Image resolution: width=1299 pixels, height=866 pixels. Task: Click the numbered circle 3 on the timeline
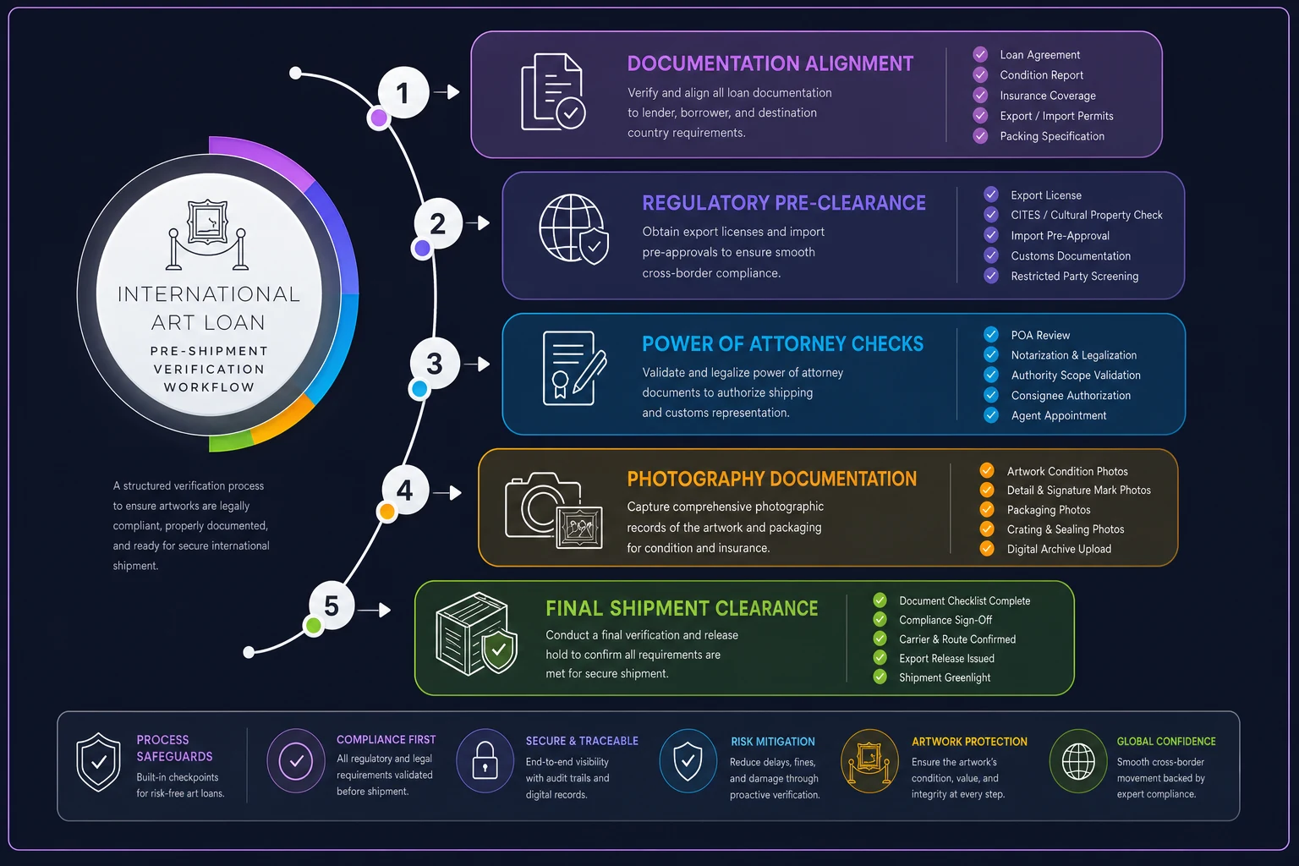435,364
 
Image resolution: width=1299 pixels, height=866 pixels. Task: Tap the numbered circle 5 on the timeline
332,606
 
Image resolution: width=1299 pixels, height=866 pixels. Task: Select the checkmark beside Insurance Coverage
980,95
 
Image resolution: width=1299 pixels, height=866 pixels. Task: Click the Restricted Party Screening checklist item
1075,276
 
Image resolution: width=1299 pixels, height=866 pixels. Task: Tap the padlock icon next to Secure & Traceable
485,760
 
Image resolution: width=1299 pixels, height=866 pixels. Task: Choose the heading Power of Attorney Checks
782,344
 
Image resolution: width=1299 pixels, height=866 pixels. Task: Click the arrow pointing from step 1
447,91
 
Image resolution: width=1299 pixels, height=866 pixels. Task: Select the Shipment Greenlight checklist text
945,677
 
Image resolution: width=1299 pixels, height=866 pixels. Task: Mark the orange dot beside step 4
386,512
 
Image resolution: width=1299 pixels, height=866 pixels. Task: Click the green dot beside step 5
314,625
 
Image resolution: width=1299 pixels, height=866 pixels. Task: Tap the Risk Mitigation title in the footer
772,742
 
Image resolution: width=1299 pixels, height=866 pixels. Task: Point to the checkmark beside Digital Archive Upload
986,548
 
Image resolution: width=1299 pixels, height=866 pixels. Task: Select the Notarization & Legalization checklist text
1073,355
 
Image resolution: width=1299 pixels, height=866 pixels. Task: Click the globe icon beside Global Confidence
1078,761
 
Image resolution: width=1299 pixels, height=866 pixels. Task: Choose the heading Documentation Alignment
770,63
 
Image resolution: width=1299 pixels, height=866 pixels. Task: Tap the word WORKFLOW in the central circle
209,387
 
